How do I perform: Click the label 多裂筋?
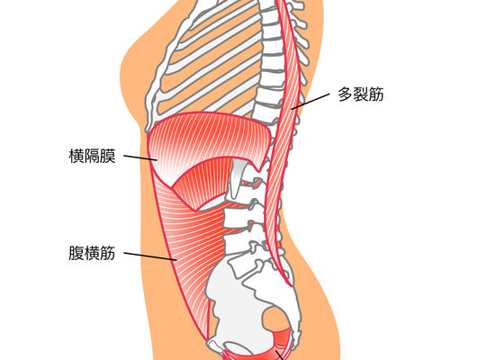(x=361, y=94)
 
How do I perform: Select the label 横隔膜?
(x=92, y=156)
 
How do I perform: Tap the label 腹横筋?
(x=92, y=253)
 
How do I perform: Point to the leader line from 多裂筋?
(x=310, y=101)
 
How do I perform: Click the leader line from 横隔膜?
(x=140, y=157)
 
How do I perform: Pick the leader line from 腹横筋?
(x=150, y=256)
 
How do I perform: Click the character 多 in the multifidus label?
(x=346, y=94)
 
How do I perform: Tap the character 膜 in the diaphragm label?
(x=108, y=156)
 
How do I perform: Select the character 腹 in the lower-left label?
(x=76, y=253)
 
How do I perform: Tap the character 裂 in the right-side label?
(x=361, y=94)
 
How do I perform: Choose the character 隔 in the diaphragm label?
(x=92, y=156)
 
